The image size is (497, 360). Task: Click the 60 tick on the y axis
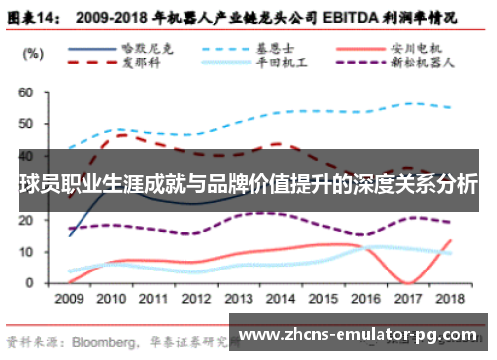(27, 92)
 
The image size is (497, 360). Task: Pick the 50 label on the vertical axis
(27, 124)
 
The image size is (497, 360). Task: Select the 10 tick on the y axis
(27, 252)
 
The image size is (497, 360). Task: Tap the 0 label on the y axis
(30, 282)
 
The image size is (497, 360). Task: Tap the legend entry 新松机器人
(422, 62)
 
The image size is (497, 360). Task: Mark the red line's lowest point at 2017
(408, 282)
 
